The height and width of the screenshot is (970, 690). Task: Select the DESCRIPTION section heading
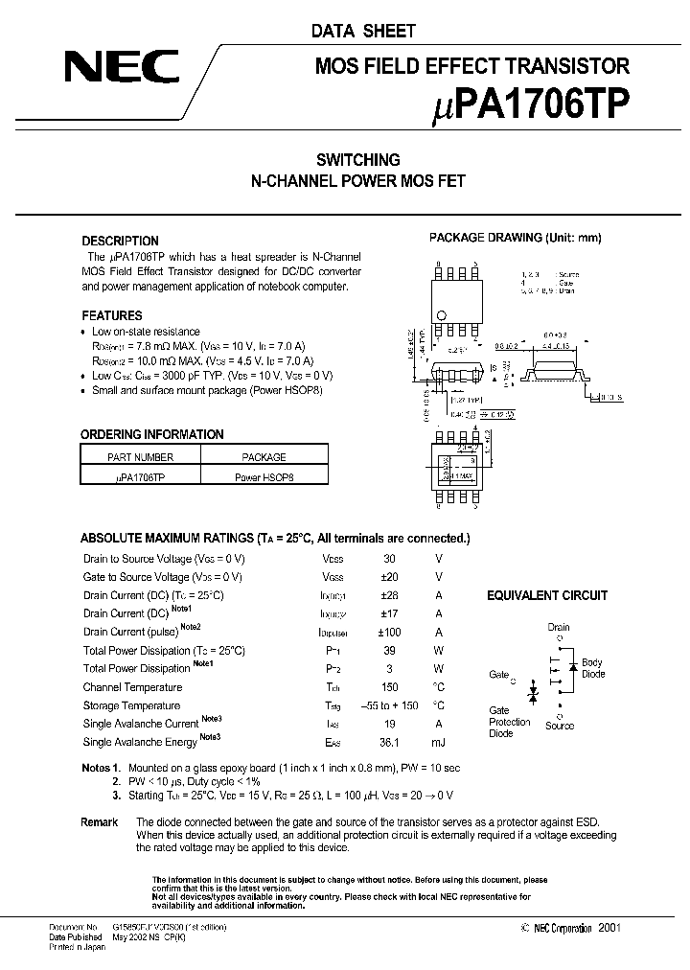[x=120, y=241]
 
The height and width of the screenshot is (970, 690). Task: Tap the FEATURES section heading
[x=111, y=315]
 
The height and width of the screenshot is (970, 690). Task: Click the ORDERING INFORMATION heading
[x=151, y=434]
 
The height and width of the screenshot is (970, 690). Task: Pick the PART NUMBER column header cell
[x=140, y=457]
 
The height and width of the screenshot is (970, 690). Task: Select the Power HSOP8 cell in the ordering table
[x=264, y=476]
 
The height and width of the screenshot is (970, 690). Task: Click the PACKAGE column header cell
[x=264, y=457]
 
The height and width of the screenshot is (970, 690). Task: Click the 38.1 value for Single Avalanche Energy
[x=387, y=743]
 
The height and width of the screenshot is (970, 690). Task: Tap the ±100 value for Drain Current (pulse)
[x=387, y=632]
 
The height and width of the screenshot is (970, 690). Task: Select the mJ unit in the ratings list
[x=439, y=743]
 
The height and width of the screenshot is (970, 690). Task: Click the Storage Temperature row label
[x=131, y=705]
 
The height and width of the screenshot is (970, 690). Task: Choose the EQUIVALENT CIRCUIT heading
[x=547, y=595]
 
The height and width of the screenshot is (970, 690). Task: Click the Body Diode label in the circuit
[x=593, y=668]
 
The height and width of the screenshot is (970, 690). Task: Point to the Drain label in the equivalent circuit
[x=559, y=628]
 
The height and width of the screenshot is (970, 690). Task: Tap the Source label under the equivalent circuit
[x=560, y=726]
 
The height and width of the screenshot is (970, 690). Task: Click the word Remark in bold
[x=100, y=822]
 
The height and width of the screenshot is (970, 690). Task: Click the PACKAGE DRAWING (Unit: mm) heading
[x=515, y=238]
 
